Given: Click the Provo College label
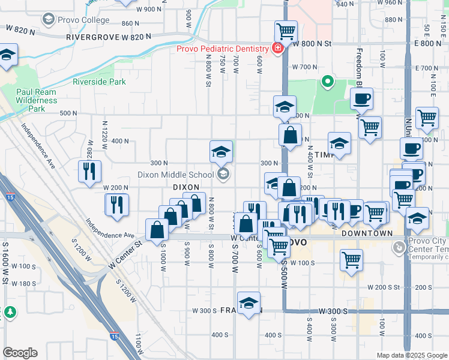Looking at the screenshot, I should pyautogui.click(x=83, y=20).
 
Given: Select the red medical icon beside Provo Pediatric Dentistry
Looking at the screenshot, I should pyautogui.click(x=277, y=48).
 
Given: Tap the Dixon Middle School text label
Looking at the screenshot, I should pyautogui.click(x=175, y=175).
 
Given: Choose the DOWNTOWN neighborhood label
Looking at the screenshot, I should pyautogui.click(x=367, y=233).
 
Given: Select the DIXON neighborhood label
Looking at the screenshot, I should pyautogui.click(x=185, y=187).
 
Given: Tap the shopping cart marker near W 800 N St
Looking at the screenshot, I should pyautogui.click(x=286, y=31).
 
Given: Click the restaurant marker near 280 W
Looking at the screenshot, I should pyautogui.click(x=89, y=170).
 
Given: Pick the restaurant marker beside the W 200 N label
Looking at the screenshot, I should pyautogui.click(x=117, y=204).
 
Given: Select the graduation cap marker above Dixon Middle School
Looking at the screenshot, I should pyautogui.click(x=221, y=151).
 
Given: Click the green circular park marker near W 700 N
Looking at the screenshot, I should pyautogui.click(x=327, y=81).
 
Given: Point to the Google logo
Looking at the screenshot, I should pyautogui.click(x=20, y=353).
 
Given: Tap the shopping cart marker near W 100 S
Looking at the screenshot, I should pyautogui.click(x=351, y=259).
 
